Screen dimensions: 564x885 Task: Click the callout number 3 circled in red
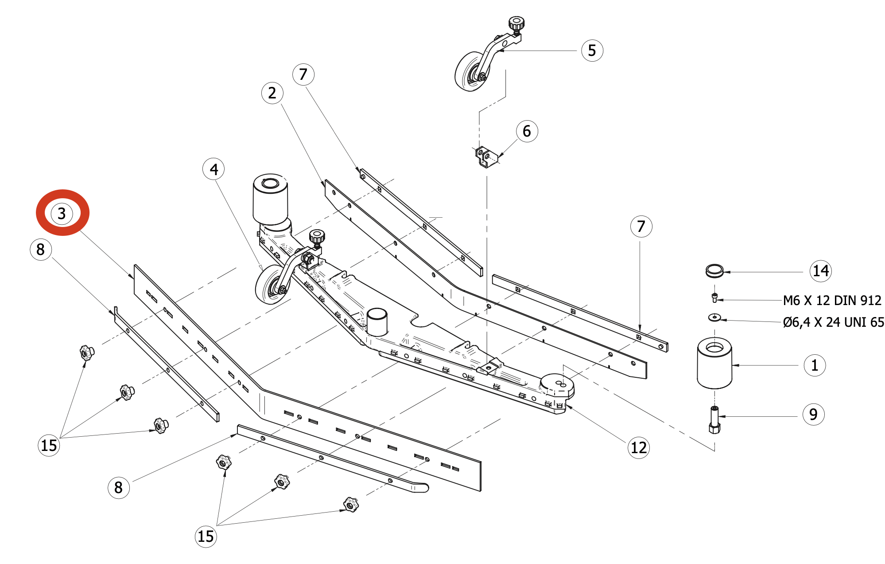(62, 213)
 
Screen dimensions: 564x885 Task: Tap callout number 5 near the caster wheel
(592, 51)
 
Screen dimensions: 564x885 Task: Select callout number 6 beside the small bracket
(527, 131)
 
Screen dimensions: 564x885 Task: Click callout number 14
(820, 271)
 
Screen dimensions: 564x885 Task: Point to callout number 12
(638, 447)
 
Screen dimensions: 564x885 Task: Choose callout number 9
(813, 415)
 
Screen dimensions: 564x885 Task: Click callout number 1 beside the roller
(814, 365)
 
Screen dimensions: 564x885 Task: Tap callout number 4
(213, 169)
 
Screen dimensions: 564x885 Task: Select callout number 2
(272, 93)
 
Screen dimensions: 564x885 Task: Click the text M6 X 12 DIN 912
(832, 301)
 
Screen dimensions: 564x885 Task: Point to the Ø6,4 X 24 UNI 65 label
(833, 322)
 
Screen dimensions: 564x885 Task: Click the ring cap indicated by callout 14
(714, 270)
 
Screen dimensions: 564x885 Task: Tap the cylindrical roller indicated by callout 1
(714, 364)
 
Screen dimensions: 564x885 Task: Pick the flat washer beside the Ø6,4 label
(714, 317)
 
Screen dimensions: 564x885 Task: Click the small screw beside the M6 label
(714, 298)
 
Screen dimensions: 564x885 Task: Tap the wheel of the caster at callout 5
(469, 72)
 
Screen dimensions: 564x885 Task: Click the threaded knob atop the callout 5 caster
(516, 23)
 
